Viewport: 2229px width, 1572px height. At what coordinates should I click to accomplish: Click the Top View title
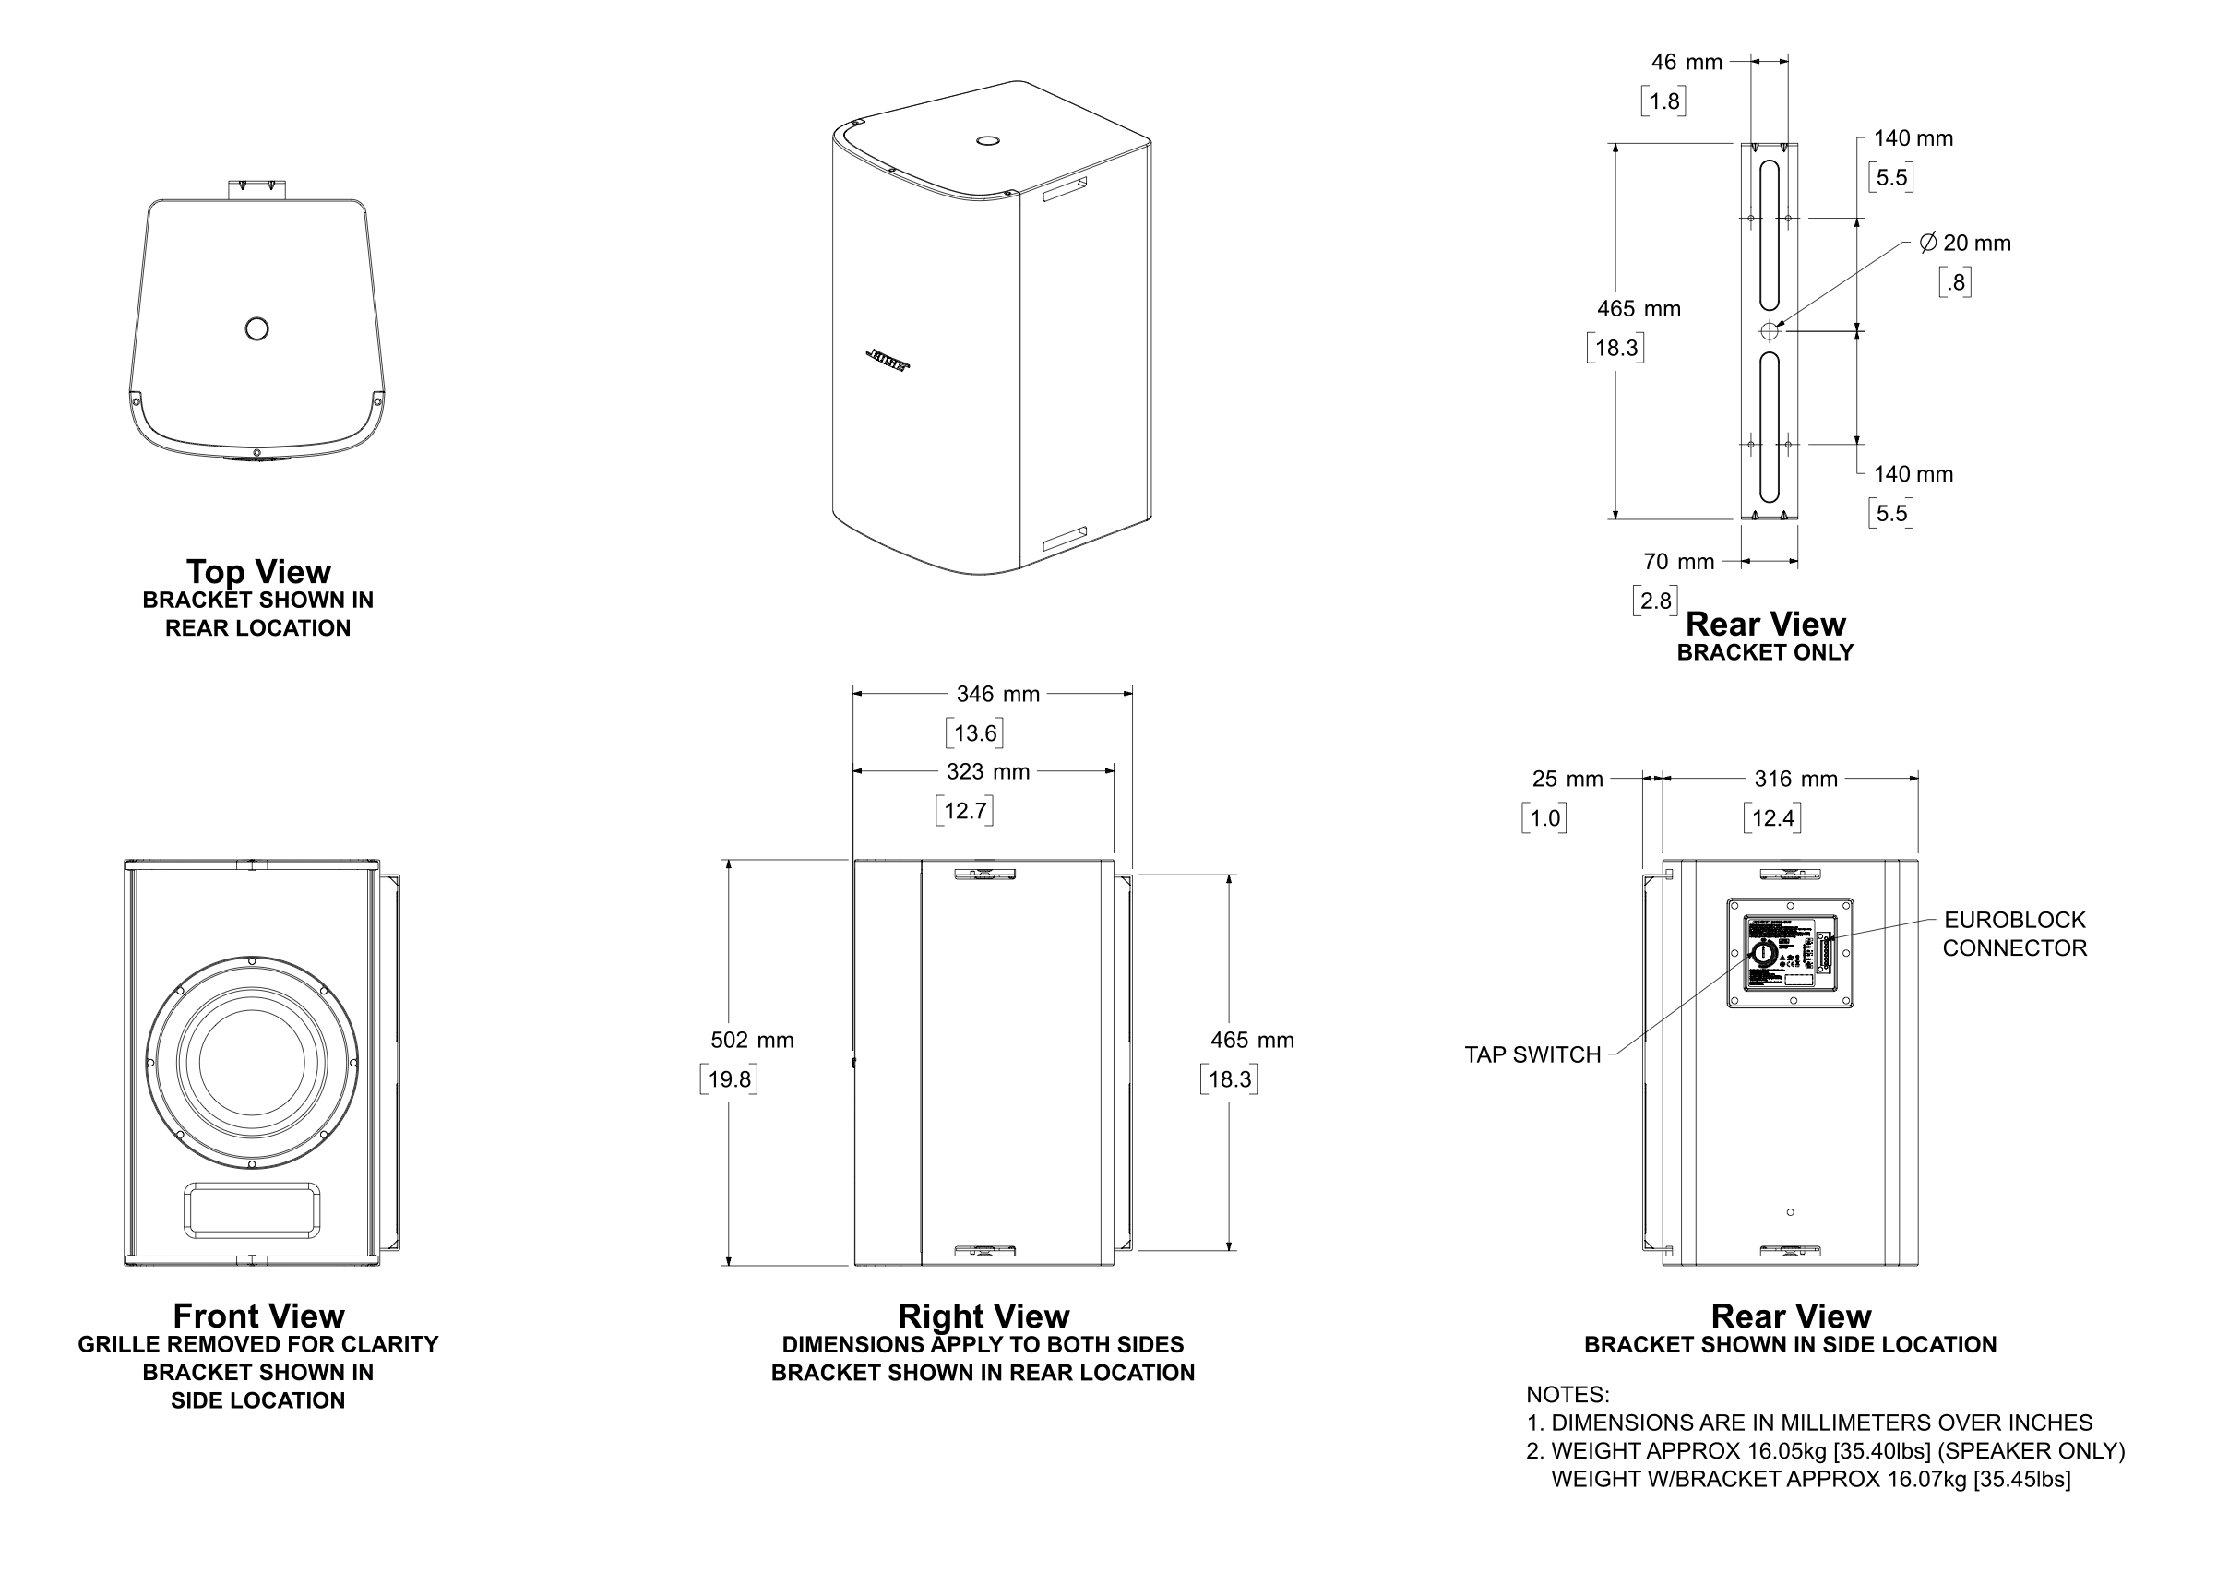(258, 571)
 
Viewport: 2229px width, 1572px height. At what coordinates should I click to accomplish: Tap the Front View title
(258, 1316)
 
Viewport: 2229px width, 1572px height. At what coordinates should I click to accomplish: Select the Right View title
(983, 1316)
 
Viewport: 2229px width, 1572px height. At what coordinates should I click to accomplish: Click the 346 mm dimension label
(997, 695)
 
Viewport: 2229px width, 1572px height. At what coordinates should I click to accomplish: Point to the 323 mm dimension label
(987, 772)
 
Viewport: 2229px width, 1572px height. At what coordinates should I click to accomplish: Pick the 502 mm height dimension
(751, 1040)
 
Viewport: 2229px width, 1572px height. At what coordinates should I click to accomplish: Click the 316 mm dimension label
(1795, 779)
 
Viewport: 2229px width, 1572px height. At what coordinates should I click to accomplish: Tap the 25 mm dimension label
(1567, 779)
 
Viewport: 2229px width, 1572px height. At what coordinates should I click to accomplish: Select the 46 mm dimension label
(1687, 62)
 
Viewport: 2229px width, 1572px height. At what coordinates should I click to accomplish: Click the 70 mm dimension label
(1677, 561)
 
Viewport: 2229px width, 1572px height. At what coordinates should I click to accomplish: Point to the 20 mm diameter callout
(1965, 244)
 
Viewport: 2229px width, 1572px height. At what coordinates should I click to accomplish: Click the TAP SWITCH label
(1532, 1054)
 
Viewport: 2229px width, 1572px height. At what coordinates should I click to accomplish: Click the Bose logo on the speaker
(887, 360)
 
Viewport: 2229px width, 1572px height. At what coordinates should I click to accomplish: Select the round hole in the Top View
(257, 329)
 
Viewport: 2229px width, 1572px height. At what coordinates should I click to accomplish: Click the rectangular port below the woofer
(252, 1209)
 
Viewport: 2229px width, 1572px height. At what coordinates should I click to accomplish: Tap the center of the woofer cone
(252, 1062)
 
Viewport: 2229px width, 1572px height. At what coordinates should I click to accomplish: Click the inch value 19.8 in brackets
(729, 1078)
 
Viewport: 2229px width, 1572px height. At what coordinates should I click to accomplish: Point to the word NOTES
(1567, 1394)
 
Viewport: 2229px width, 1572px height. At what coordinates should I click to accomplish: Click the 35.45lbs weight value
(2024, 1479)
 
